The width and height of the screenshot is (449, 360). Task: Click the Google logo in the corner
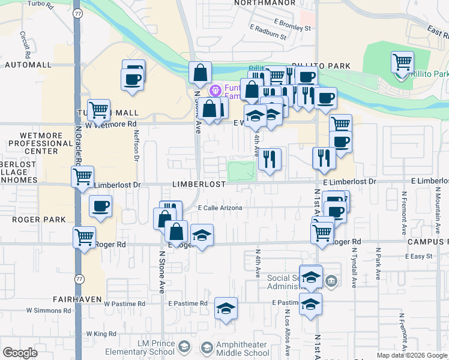click(x=20, y=353)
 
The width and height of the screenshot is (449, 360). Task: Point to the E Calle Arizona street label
click(x=220, y=208)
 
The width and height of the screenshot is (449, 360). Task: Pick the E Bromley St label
click(x=291, y=28)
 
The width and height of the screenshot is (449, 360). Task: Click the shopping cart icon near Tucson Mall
click(x=98, y=110)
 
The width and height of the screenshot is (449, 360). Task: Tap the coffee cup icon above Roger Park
click(x=101, y=206)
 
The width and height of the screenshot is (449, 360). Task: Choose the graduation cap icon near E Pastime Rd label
click(x=226, y=308)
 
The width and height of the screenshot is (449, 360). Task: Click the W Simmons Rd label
click(x=49, y=311)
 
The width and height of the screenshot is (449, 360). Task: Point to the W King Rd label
click(x=100, y=334)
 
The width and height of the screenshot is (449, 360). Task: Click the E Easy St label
click(x=418, y=256)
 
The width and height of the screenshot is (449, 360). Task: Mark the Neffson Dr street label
click(x=136, y=146)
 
